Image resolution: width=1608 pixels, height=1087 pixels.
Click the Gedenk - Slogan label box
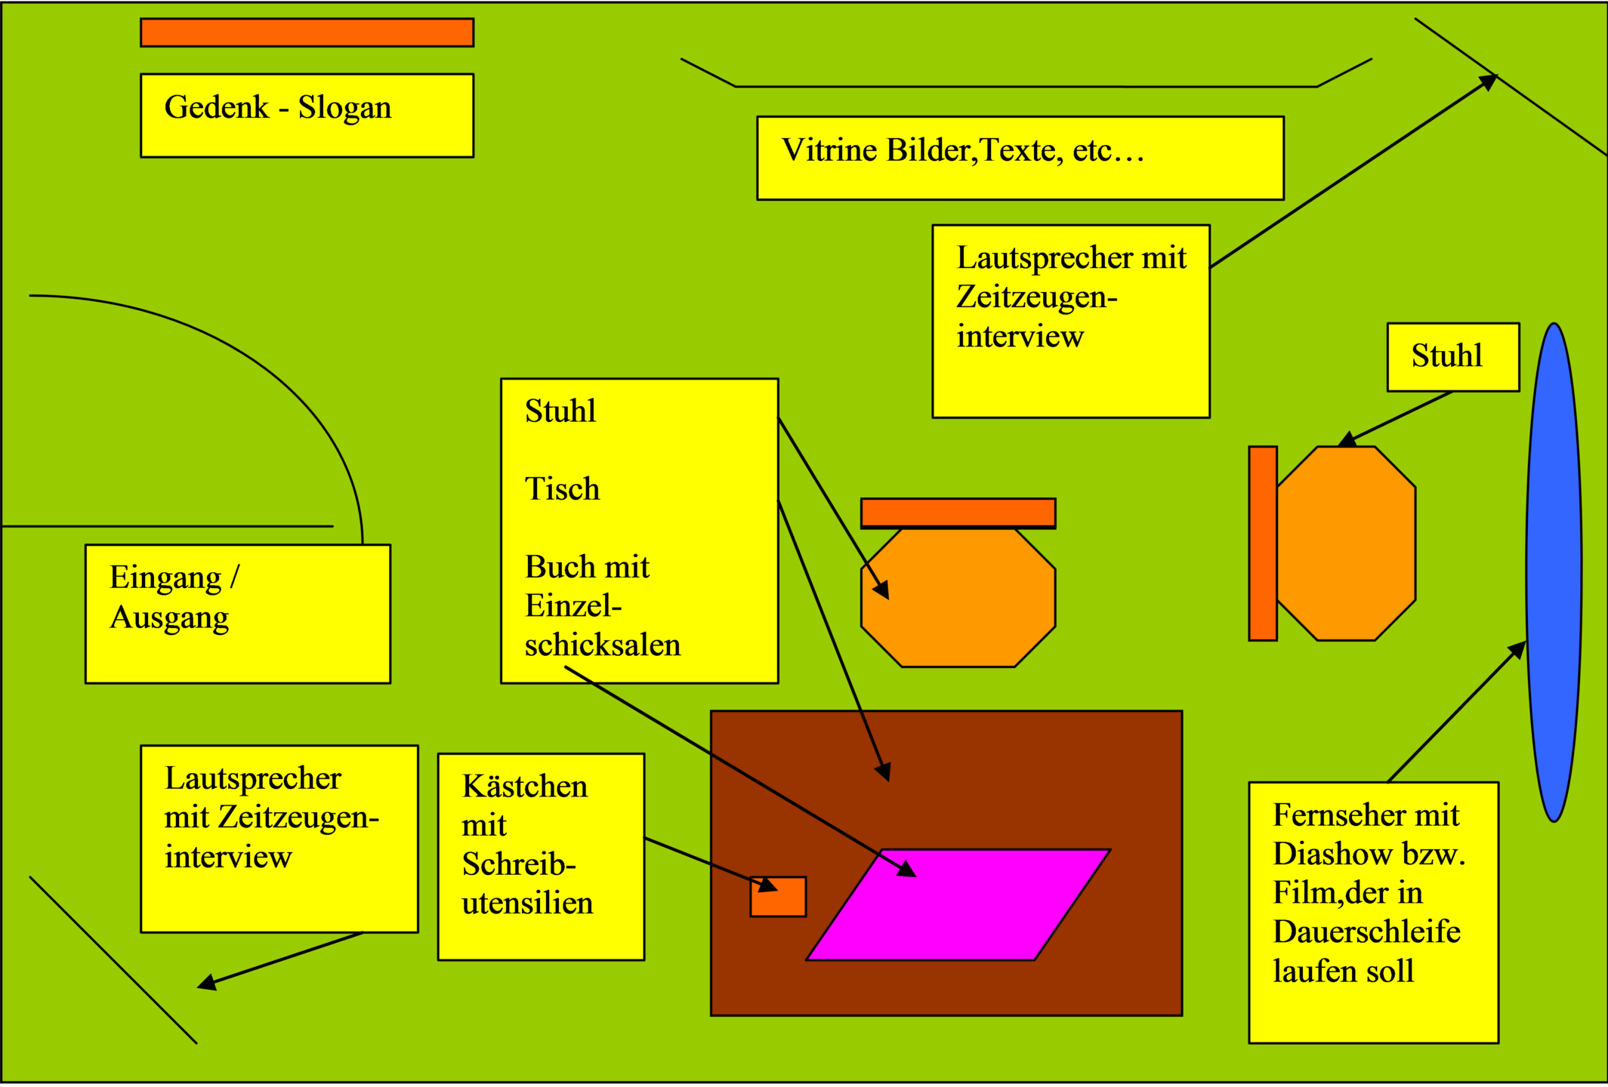tap(307, 115)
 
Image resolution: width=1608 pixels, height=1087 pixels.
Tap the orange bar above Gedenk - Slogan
tap(307, 32)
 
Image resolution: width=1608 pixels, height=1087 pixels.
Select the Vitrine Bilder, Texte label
tap(1020, 157)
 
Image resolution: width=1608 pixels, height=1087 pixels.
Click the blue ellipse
tap(1554, 572)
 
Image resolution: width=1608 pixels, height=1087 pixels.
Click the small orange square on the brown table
tap(778, 897)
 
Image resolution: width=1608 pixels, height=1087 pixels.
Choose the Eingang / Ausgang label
tap(238, 613)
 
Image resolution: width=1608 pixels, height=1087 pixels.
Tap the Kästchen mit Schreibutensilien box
tap(541, 856)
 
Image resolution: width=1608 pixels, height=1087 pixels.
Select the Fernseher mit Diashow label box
tap(1373, 912)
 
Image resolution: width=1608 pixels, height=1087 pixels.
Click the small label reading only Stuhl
tap(1452, 356)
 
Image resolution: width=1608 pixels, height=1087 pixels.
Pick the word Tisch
tap(562, 489)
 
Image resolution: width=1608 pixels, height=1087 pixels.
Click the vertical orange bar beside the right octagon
tap(1262, 543)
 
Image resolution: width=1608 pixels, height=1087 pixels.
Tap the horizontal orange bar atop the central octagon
tap(958, 513)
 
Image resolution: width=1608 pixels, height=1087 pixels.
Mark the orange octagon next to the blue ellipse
tap(1346, 543)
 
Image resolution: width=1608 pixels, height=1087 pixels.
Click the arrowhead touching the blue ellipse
tap(1517, 649)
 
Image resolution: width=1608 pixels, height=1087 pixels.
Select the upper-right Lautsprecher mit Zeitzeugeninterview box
tap(1070, 321)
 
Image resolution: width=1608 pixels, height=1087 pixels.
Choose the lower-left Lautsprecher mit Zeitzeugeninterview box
tap(279, 838)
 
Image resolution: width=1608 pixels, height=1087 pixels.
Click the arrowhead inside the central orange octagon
tap(881, 590)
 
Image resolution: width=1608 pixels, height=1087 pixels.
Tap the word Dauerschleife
tap(1366, 931)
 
